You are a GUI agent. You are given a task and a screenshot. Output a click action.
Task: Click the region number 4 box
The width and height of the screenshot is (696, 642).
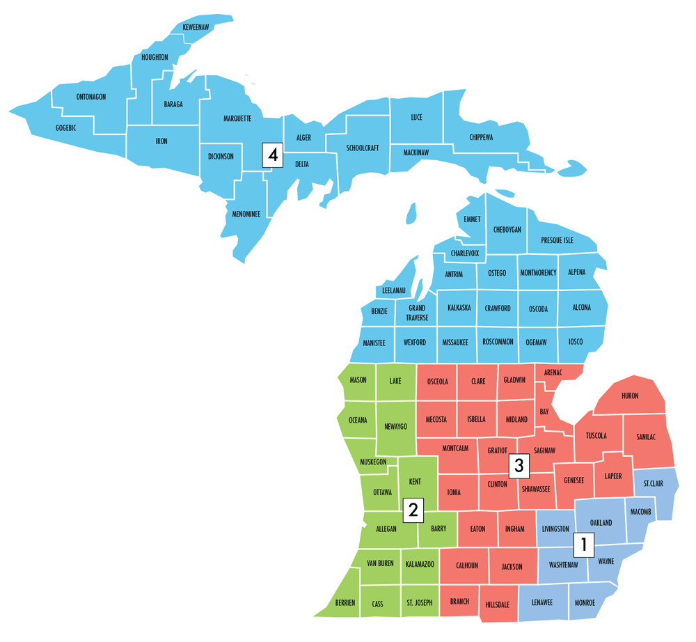tap(273, 155)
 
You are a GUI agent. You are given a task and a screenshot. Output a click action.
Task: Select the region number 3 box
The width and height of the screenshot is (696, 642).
tap(517, 464)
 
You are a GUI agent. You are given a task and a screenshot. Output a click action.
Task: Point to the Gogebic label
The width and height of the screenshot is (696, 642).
tap(65, 128)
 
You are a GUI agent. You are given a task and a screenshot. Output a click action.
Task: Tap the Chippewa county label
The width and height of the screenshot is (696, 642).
tap(481, 138)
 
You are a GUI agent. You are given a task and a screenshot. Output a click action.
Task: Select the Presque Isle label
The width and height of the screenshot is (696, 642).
tap(557, 240)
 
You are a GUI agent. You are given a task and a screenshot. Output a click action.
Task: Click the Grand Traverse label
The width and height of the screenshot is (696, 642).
tap(417, 313)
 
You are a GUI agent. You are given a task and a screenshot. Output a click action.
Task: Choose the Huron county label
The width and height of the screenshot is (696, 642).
tap(629, 396)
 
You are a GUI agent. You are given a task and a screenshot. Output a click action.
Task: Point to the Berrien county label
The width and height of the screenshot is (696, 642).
tap(345, 602)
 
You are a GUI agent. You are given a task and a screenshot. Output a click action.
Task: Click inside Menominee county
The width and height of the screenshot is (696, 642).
tap(247, 214)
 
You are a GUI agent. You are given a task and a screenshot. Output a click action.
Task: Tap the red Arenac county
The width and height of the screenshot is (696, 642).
tap(553, 373)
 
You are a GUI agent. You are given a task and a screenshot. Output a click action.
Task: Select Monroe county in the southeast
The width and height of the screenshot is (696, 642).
tap(585, 602)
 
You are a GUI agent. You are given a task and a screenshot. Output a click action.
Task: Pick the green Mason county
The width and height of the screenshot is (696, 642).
tap(358, 381)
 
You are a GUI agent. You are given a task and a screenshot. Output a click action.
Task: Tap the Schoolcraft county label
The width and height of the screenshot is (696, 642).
tap(363, 148)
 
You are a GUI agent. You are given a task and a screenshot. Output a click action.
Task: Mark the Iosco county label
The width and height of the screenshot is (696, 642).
tap(576, 342)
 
